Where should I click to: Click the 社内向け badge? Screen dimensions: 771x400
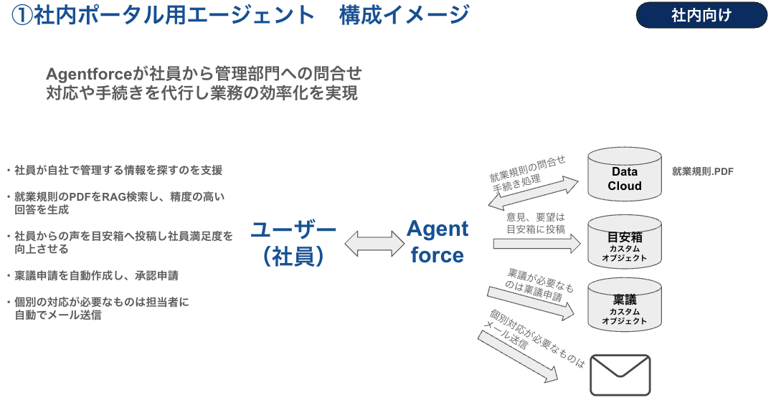click(x=701, y=15)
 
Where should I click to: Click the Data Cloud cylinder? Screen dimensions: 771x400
click(x=625, y=174)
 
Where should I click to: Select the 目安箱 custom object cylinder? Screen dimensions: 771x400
click(x=625, y=242)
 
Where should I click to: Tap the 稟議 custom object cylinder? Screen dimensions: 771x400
click(x=625, y=305)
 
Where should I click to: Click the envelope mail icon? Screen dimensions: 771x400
click(x=620, y=375)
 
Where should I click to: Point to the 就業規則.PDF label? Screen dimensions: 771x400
click(x=703, y=171)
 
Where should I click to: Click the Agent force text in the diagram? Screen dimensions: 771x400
click(x=437, y=242)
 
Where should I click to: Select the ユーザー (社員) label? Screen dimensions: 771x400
click(x=293, y=243)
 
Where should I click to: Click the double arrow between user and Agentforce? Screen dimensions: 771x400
click(x=374, y=244)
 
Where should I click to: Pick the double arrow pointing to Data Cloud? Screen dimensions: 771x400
click(x=534, y=194)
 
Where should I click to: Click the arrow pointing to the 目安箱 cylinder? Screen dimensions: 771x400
click(x=537, y=244)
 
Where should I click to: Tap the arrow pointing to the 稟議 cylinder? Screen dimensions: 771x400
click(x=531, y=304)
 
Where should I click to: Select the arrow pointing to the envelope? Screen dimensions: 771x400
click(x=518, y=357)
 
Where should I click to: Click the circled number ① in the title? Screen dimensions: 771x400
click(x=22, y=15)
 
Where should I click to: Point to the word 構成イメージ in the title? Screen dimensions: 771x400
click(x=405, y=15)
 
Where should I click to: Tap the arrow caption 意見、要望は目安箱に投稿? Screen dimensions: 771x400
click(x=536, y=223)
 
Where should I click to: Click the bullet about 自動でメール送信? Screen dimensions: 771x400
click(x=98, y=308)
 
